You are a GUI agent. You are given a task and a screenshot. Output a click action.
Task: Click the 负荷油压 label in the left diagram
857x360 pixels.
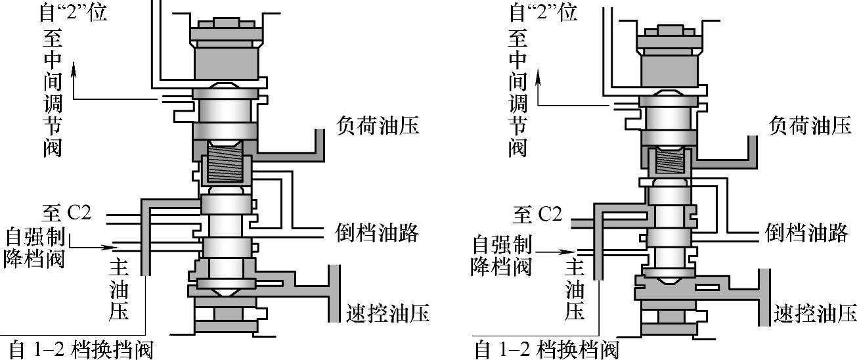(x=378, y=125)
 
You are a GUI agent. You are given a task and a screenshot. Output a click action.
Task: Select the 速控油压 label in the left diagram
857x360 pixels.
(x=387, y=313)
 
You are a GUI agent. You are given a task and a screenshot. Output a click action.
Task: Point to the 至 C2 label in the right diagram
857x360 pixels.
(x=538, y=214)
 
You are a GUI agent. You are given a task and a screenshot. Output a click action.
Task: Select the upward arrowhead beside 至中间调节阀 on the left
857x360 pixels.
(x=74, y=66)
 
